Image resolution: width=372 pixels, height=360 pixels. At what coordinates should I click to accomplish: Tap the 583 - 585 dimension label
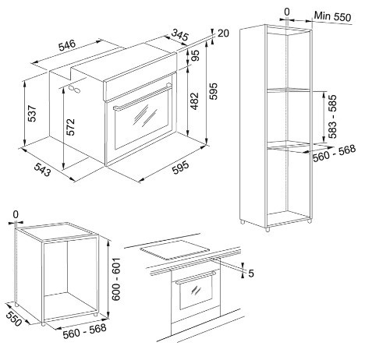[332, 117]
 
